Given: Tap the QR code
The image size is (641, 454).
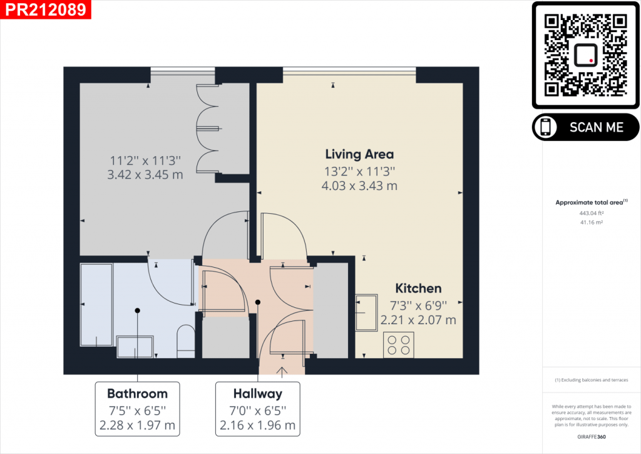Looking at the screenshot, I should click(586, 55).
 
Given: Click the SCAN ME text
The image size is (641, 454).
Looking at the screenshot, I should click(596, 127).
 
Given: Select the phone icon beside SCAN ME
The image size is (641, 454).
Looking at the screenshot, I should click(546, 127).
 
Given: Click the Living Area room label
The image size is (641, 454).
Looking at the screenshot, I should click(359, 154).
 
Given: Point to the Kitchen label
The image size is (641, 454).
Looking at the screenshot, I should click(418, 288).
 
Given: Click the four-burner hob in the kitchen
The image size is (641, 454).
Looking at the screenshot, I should click(398, 344).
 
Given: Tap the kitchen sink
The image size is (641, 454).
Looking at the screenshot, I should click(367, 312).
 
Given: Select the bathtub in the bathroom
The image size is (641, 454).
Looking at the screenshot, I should click(96, 304).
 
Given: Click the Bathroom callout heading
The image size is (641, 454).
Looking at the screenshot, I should click(137, 394).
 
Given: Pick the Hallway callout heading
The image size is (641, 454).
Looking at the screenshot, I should click(257, 394).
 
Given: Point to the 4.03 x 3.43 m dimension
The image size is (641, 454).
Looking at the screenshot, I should click(359, 186).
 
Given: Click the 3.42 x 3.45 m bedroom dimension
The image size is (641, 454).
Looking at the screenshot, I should click(145, 175).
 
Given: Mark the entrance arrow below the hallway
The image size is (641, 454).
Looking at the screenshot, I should click(282, 372).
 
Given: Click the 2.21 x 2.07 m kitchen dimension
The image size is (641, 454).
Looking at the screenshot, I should click(418, 320).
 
